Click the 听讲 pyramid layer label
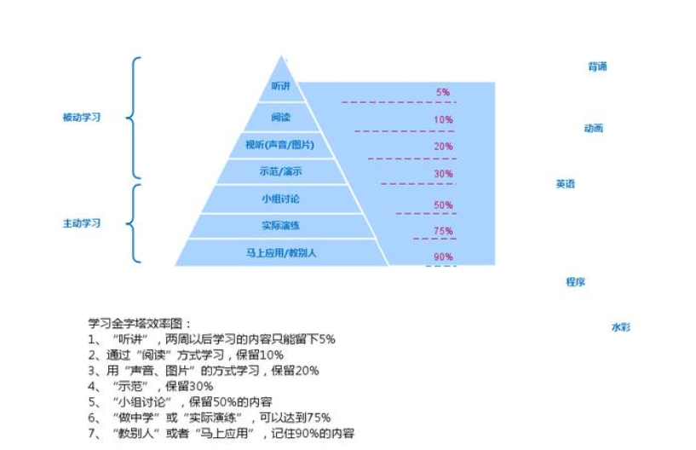(280, 86)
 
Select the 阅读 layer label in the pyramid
(281, 116)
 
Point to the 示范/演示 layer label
(281, 171)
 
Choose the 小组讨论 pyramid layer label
(281, 199)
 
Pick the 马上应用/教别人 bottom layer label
(281, 252)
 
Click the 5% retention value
(442, 92)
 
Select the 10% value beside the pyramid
(442, 120)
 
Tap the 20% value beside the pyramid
(442, 147)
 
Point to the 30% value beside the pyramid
(442, 174)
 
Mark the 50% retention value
(442, 205)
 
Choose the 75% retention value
(442, 231)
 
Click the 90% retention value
(442, 257)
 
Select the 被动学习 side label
(82, 118)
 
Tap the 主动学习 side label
(82, 223)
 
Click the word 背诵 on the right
(597, 66)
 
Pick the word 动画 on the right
(593, 129)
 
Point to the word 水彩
(620, 327)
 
